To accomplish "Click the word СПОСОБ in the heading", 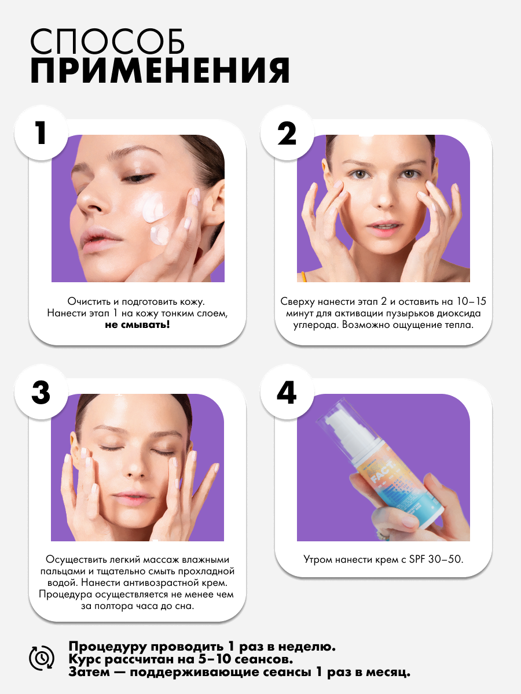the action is pyautogui.click(x=108, y=42).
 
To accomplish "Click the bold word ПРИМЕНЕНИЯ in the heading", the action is pyautogui.click(x=160, y=71).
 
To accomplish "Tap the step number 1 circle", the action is pyautogui.click(x=41, y=133).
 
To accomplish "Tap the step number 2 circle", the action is pyautogui.click(x=287, y=133).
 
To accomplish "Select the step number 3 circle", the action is pyautogui.click(x=41, y=392).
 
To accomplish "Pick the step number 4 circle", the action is pyautogui.click(x=287, y=392).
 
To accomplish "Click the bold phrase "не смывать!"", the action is pyautogui.click(x=137, y=324).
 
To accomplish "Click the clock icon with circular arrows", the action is pyautogui.click(x=42, y=658).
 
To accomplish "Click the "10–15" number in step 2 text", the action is pyautogui.click(x=471, y=301).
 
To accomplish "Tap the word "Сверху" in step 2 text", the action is pyautogui.click(x=298, y=302).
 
